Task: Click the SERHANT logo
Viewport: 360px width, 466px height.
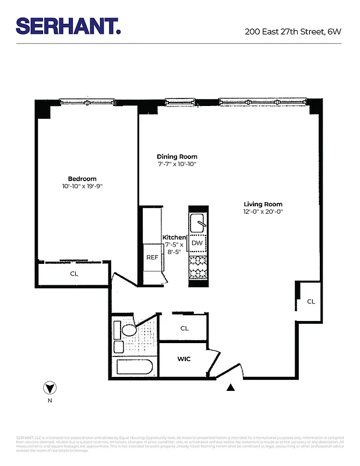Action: tap(68, 26)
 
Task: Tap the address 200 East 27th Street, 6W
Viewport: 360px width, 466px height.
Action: tap(293, 31)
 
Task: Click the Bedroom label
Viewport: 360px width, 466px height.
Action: tap(82, 179)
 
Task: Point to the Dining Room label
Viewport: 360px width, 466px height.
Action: tap(177, 157)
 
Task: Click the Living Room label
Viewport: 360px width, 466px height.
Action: tap(263, 204)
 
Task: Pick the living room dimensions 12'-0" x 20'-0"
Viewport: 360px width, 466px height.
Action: tap(263, 211)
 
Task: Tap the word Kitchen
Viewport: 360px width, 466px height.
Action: tap(174, 237)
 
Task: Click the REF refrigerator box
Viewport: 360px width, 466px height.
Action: tap(152, 257)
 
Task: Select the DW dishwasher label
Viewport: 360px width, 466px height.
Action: tap(197, 243)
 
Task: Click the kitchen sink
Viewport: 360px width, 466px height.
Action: tap(198, 221)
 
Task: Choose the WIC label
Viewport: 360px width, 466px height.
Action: tap(184, 359)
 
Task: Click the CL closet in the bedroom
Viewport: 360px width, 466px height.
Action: tap(74, 273)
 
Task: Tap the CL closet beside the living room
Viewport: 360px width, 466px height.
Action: tap(311, 301)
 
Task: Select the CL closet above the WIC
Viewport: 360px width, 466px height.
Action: tap(184, 328)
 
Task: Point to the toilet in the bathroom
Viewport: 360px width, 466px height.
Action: tap(129, 330)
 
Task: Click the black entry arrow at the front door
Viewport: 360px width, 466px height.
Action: tap(231, 387)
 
